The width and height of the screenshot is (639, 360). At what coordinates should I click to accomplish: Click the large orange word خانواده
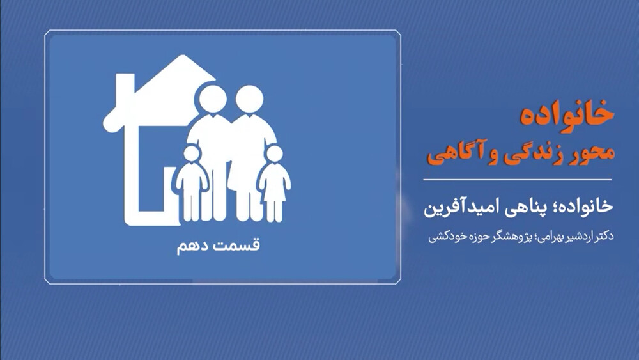[567, 114]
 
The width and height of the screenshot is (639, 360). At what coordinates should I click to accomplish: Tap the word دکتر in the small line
[604, 237]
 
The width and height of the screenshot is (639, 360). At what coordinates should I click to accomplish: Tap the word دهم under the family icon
[192, 246]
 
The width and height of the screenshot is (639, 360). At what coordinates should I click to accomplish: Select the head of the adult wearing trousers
[212, 100]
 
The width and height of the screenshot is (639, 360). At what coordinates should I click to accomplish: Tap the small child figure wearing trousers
[192, 184]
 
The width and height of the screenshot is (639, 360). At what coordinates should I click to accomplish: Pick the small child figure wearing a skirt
[275, 184]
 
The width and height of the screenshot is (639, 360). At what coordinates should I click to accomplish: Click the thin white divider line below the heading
[518, 180]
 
